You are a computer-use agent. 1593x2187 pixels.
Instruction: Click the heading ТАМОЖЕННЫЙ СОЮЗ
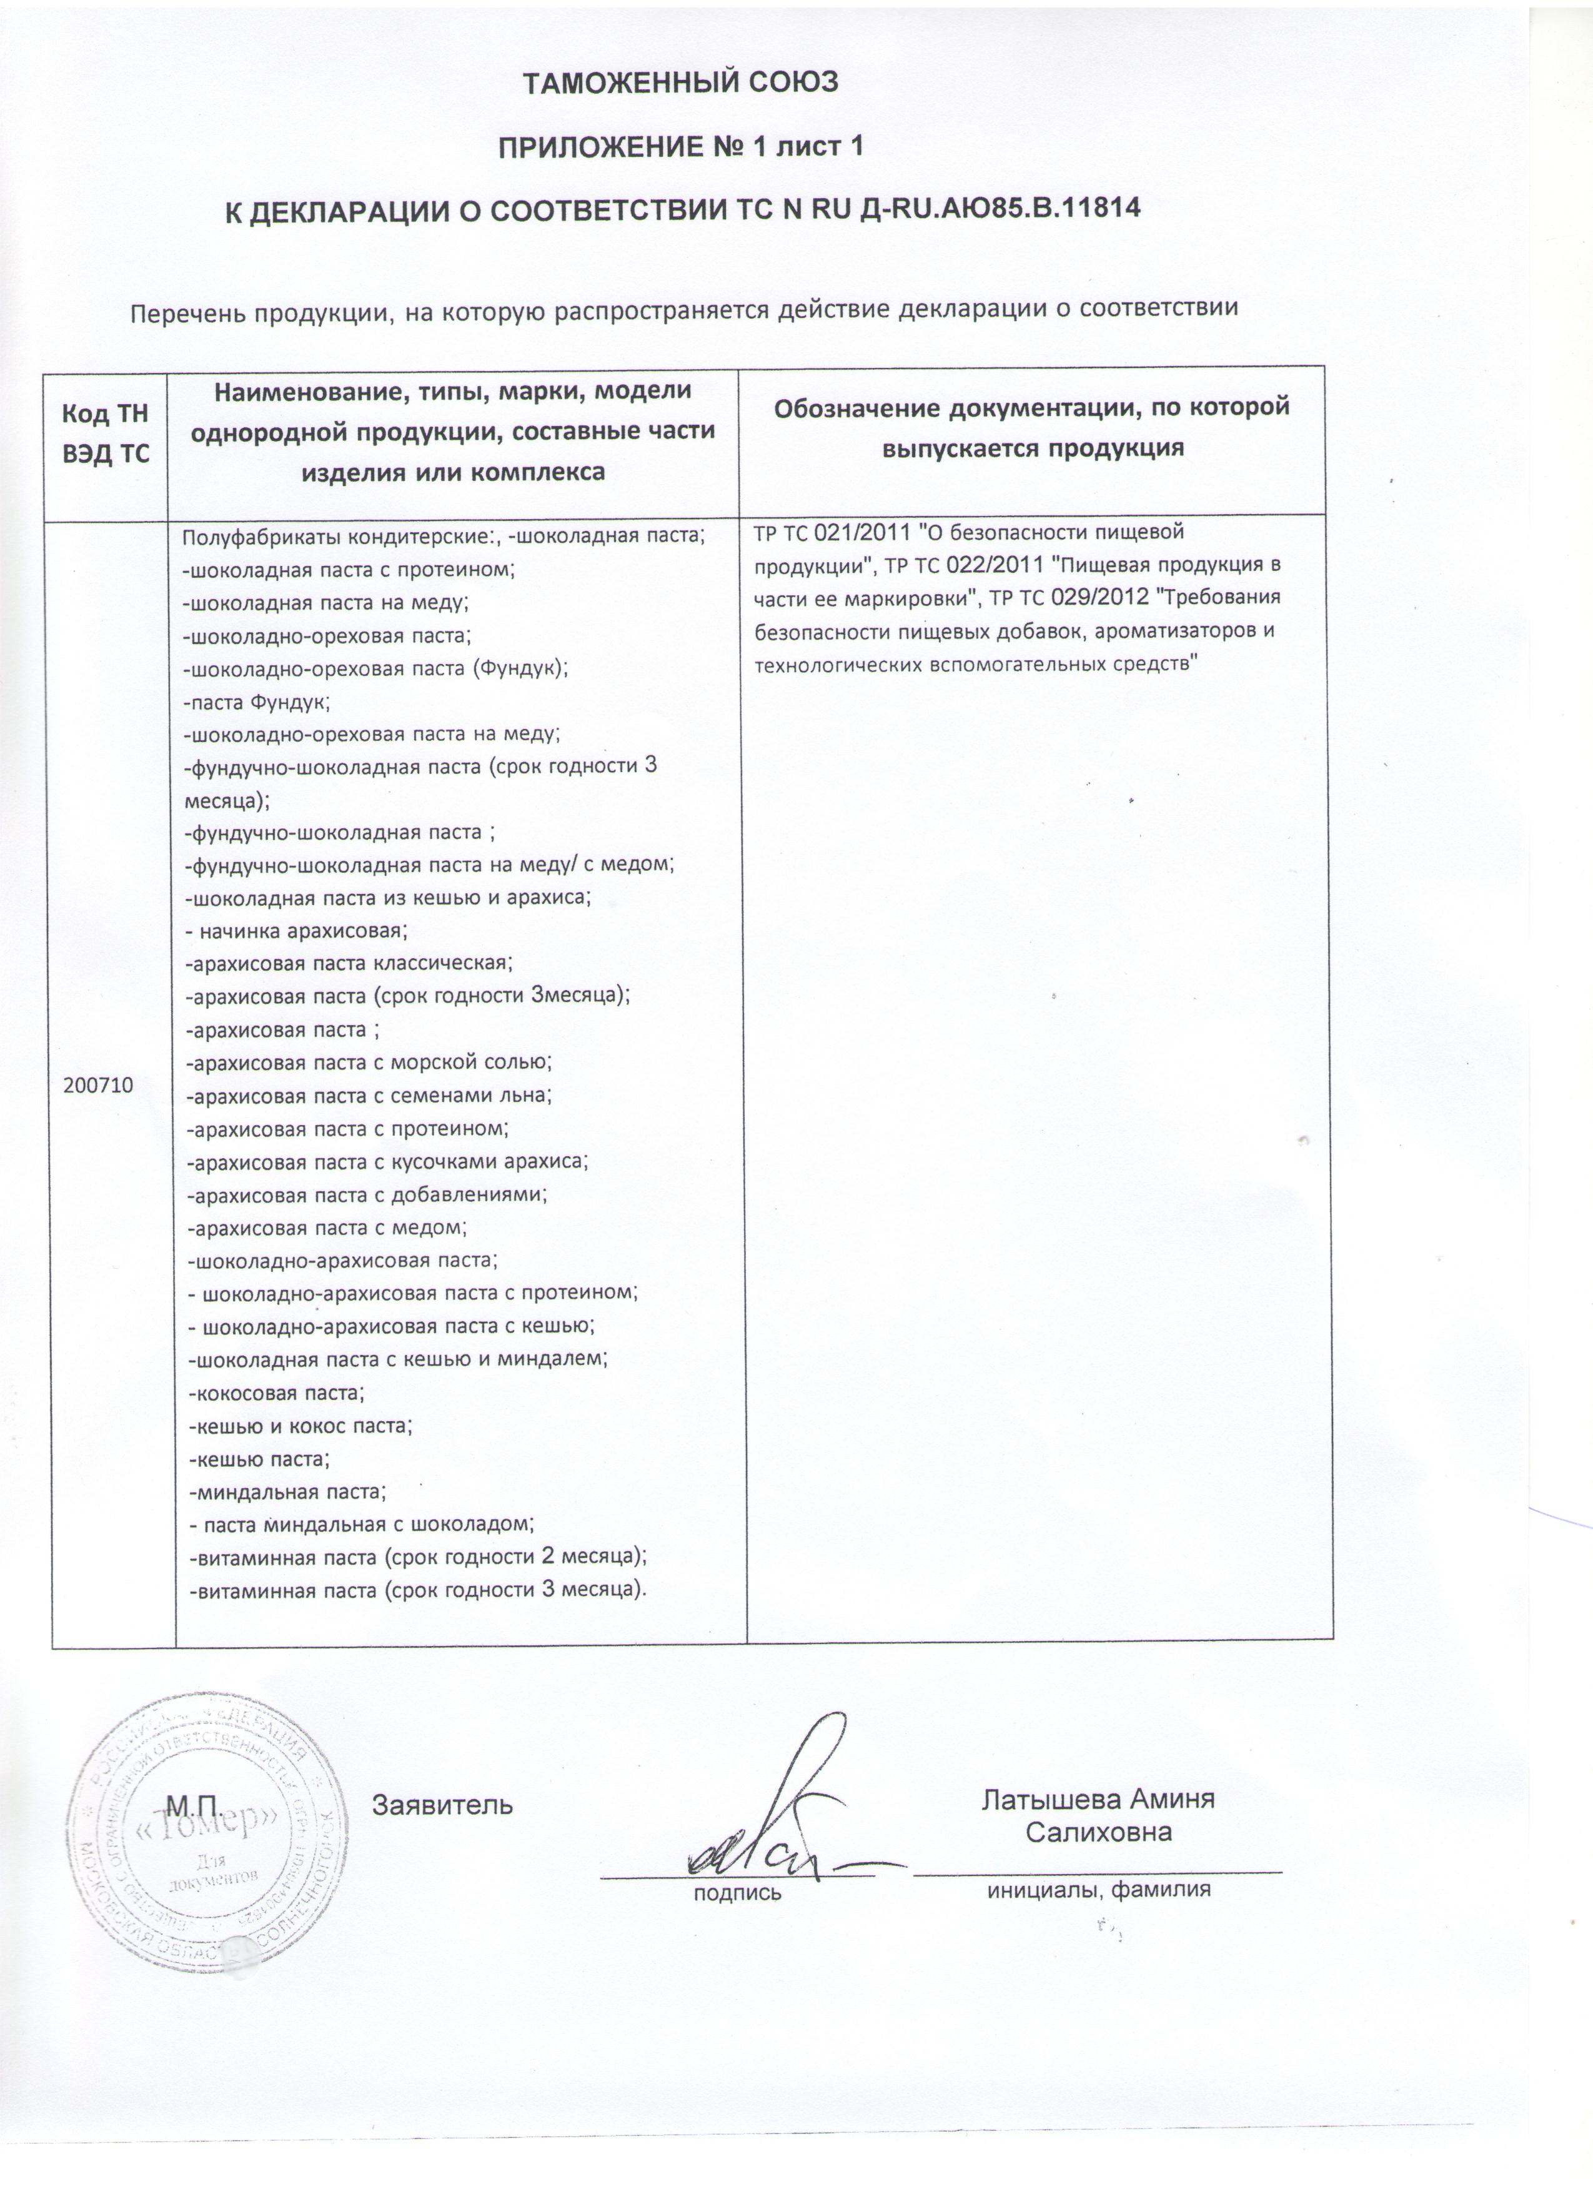681,83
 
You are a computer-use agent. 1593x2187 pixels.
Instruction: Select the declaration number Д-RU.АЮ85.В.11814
999,208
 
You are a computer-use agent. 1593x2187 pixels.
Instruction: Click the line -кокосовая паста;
277,1394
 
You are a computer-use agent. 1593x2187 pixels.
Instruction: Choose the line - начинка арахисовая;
297,931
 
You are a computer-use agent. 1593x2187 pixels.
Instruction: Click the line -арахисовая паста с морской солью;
369,1063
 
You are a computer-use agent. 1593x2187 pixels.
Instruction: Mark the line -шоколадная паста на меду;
326,603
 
